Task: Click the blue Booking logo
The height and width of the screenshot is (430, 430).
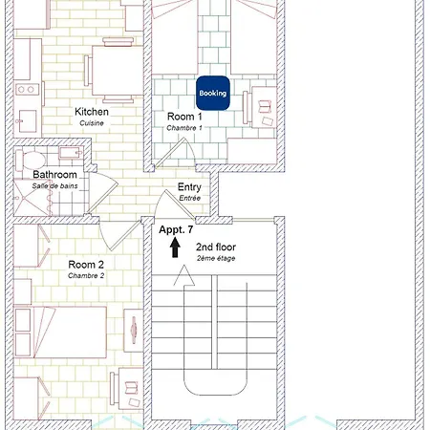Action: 213,93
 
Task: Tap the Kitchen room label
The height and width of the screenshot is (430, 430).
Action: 92,112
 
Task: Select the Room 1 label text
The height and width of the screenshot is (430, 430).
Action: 184,117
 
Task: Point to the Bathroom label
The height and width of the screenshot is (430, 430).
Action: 54,175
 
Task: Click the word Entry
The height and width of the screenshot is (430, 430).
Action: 189,187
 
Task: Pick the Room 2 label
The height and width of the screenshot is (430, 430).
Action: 86,265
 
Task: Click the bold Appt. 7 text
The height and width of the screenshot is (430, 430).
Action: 176,229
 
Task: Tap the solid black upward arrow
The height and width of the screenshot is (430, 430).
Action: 175,247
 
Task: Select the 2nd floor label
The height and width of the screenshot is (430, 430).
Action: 216,247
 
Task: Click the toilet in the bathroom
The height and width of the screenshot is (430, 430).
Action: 31,161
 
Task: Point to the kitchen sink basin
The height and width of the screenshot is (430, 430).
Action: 28,121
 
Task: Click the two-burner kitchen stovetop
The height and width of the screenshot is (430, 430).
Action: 27,90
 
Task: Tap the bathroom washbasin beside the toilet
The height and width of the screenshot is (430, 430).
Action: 71,153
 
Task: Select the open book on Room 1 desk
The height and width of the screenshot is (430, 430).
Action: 265,107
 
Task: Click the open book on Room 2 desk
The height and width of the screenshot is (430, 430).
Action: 131,388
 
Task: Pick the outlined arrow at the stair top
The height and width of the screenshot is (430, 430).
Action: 184,276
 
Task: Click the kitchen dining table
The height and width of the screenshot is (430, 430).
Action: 118,71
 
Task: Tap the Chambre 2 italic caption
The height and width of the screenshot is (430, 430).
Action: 86,276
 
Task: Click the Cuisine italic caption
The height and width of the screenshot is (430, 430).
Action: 92,123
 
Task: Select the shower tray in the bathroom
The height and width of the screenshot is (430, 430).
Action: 32,198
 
